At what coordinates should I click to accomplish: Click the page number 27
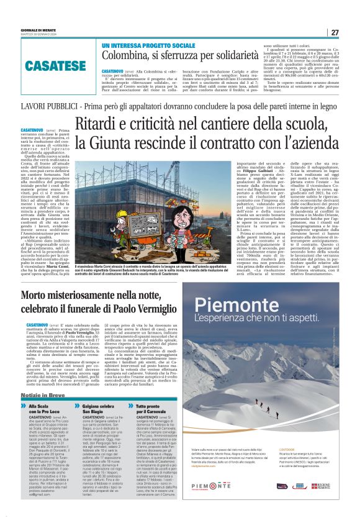click(x=335, y=32)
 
